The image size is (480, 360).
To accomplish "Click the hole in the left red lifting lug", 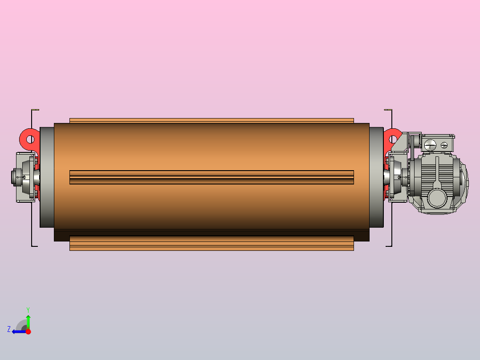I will pos(30,139).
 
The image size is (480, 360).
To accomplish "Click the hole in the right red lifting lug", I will pos(393,139).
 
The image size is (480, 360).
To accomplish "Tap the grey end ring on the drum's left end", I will pos(47,177).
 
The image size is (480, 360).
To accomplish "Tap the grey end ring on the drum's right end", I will pos(376,177).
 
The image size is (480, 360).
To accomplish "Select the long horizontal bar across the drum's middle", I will pos(212,177).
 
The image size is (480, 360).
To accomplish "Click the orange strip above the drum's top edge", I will pos(212,120).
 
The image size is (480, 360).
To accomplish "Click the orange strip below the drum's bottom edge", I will pos(212,243).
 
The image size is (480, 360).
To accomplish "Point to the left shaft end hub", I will pos(17,177).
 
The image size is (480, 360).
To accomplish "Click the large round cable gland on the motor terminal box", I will pos(430,144).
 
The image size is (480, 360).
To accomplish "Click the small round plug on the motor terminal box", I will pos(444,145).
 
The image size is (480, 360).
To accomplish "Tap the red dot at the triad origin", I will pos(28,331).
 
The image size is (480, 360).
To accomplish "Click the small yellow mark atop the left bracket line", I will pos(37,110).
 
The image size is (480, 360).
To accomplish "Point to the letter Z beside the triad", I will pos(9,329).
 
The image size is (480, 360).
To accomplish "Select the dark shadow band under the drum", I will pos(212,235).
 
